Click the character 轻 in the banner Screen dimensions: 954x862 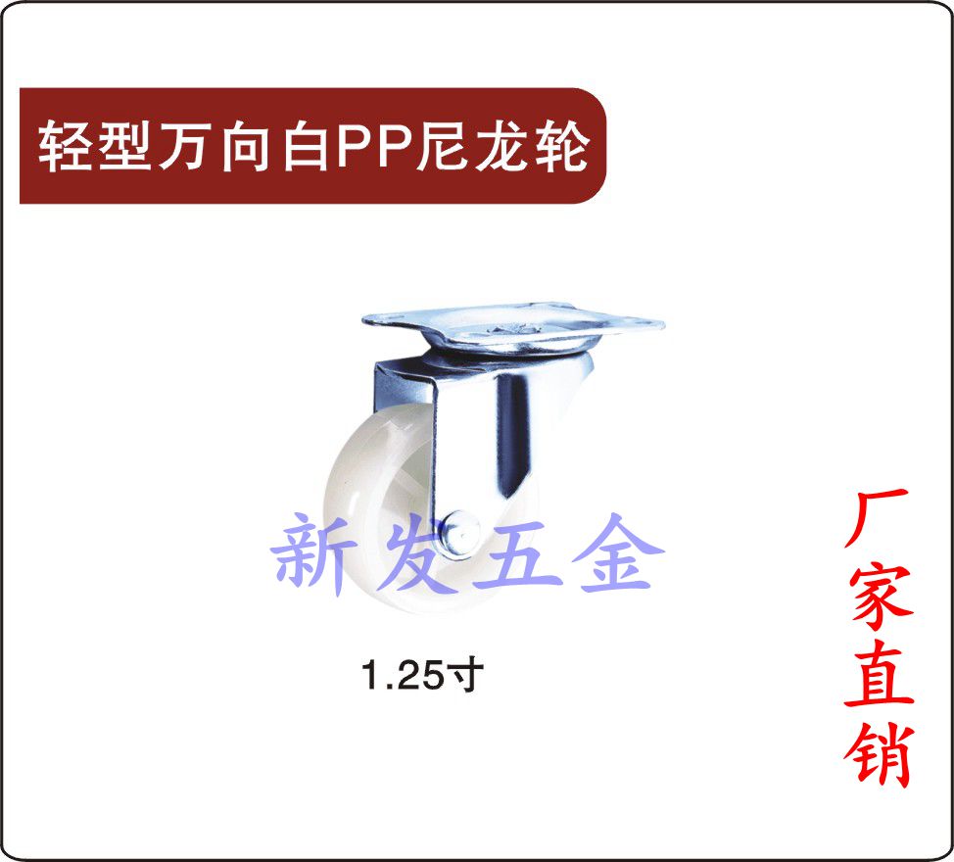(x=66, y=146)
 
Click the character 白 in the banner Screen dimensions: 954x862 (x=306, y=146)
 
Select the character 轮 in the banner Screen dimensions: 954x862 (x=562, y=146)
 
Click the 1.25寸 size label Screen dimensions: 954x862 (x=422, y=675)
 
